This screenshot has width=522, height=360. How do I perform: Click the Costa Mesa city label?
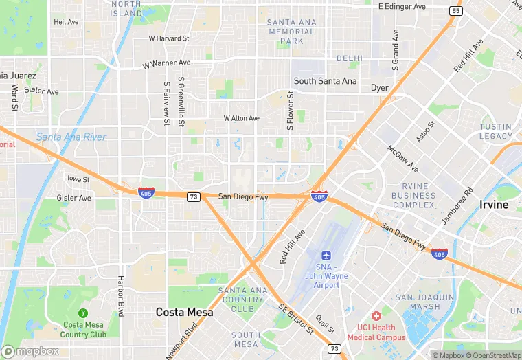click(184, 312)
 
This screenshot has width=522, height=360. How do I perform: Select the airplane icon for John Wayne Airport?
click(326, 254)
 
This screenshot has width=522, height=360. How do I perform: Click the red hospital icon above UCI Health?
click(376, 315)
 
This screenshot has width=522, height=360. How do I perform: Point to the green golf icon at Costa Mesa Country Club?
click(84, 313)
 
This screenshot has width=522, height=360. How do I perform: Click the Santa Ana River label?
click(71, 137)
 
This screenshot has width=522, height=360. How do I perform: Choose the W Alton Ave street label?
click(241, 118)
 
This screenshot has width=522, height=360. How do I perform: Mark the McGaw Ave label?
click(402, 158)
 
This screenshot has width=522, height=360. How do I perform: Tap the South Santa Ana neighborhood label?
click(326, 81)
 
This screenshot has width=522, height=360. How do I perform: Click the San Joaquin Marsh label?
click(424, 302)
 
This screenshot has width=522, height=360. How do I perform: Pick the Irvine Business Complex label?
click(413, 196)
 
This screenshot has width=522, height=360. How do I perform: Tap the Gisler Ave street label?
click(75, 198)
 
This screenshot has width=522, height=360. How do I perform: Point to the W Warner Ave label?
click(166, 64)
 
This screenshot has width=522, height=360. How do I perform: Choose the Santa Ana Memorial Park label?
click(292, 32)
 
